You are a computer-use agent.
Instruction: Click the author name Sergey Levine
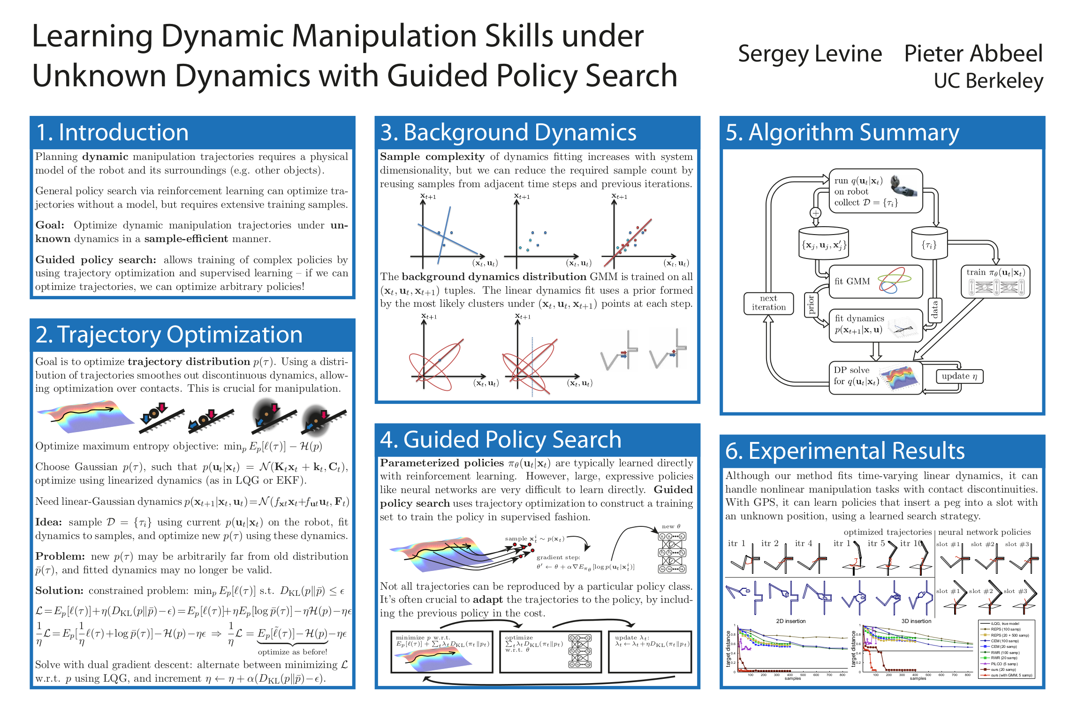tap(810, 54)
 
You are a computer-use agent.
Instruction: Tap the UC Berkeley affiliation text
tap(988, 81)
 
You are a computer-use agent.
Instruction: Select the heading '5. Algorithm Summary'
tap(842, 132)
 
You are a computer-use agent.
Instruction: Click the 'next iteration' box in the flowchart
tap(768, 303)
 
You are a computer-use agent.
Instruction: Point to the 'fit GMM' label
tap(852, 281)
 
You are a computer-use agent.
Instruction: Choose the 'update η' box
tap(959, 376)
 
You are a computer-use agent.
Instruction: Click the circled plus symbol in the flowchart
tap(816, 213)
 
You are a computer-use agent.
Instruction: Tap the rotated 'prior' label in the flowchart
tap(811, 304)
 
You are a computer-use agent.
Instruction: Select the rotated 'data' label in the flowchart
tap(934, 310)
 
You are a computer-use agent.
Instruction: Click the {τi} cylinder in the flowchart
tap(929, 244)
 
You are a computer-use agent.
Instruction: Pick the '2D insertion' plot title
tap(791, 621)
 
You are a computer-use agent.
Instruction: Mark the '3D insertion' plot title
tap(916, 621)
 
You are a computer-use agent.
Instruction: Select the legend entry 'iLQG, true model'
tap(1005, 624)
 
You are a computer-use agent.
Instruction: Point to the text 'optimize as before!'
tap(292, 652)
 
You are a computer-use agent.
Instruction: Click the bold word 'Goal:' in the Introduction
tap(50, 225)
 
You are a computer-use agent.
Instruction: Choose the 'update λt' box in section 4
tap(650, 652)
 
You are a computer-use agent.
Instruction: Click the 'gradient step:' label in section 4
tap(558, 557)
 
